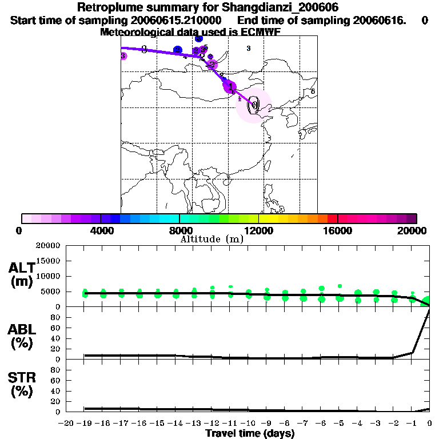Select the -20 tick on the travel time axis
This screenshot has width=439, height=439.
pos(66,424)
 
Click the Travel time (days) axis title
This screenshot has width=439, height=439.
pos(250,434)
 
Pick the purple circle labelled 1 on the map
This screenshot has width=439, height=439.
pos(230,87)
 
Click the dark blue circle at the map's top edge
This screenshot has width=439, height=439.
pos(198,38)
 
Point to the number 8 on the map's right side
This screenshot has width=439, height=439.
pos(313,91)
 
